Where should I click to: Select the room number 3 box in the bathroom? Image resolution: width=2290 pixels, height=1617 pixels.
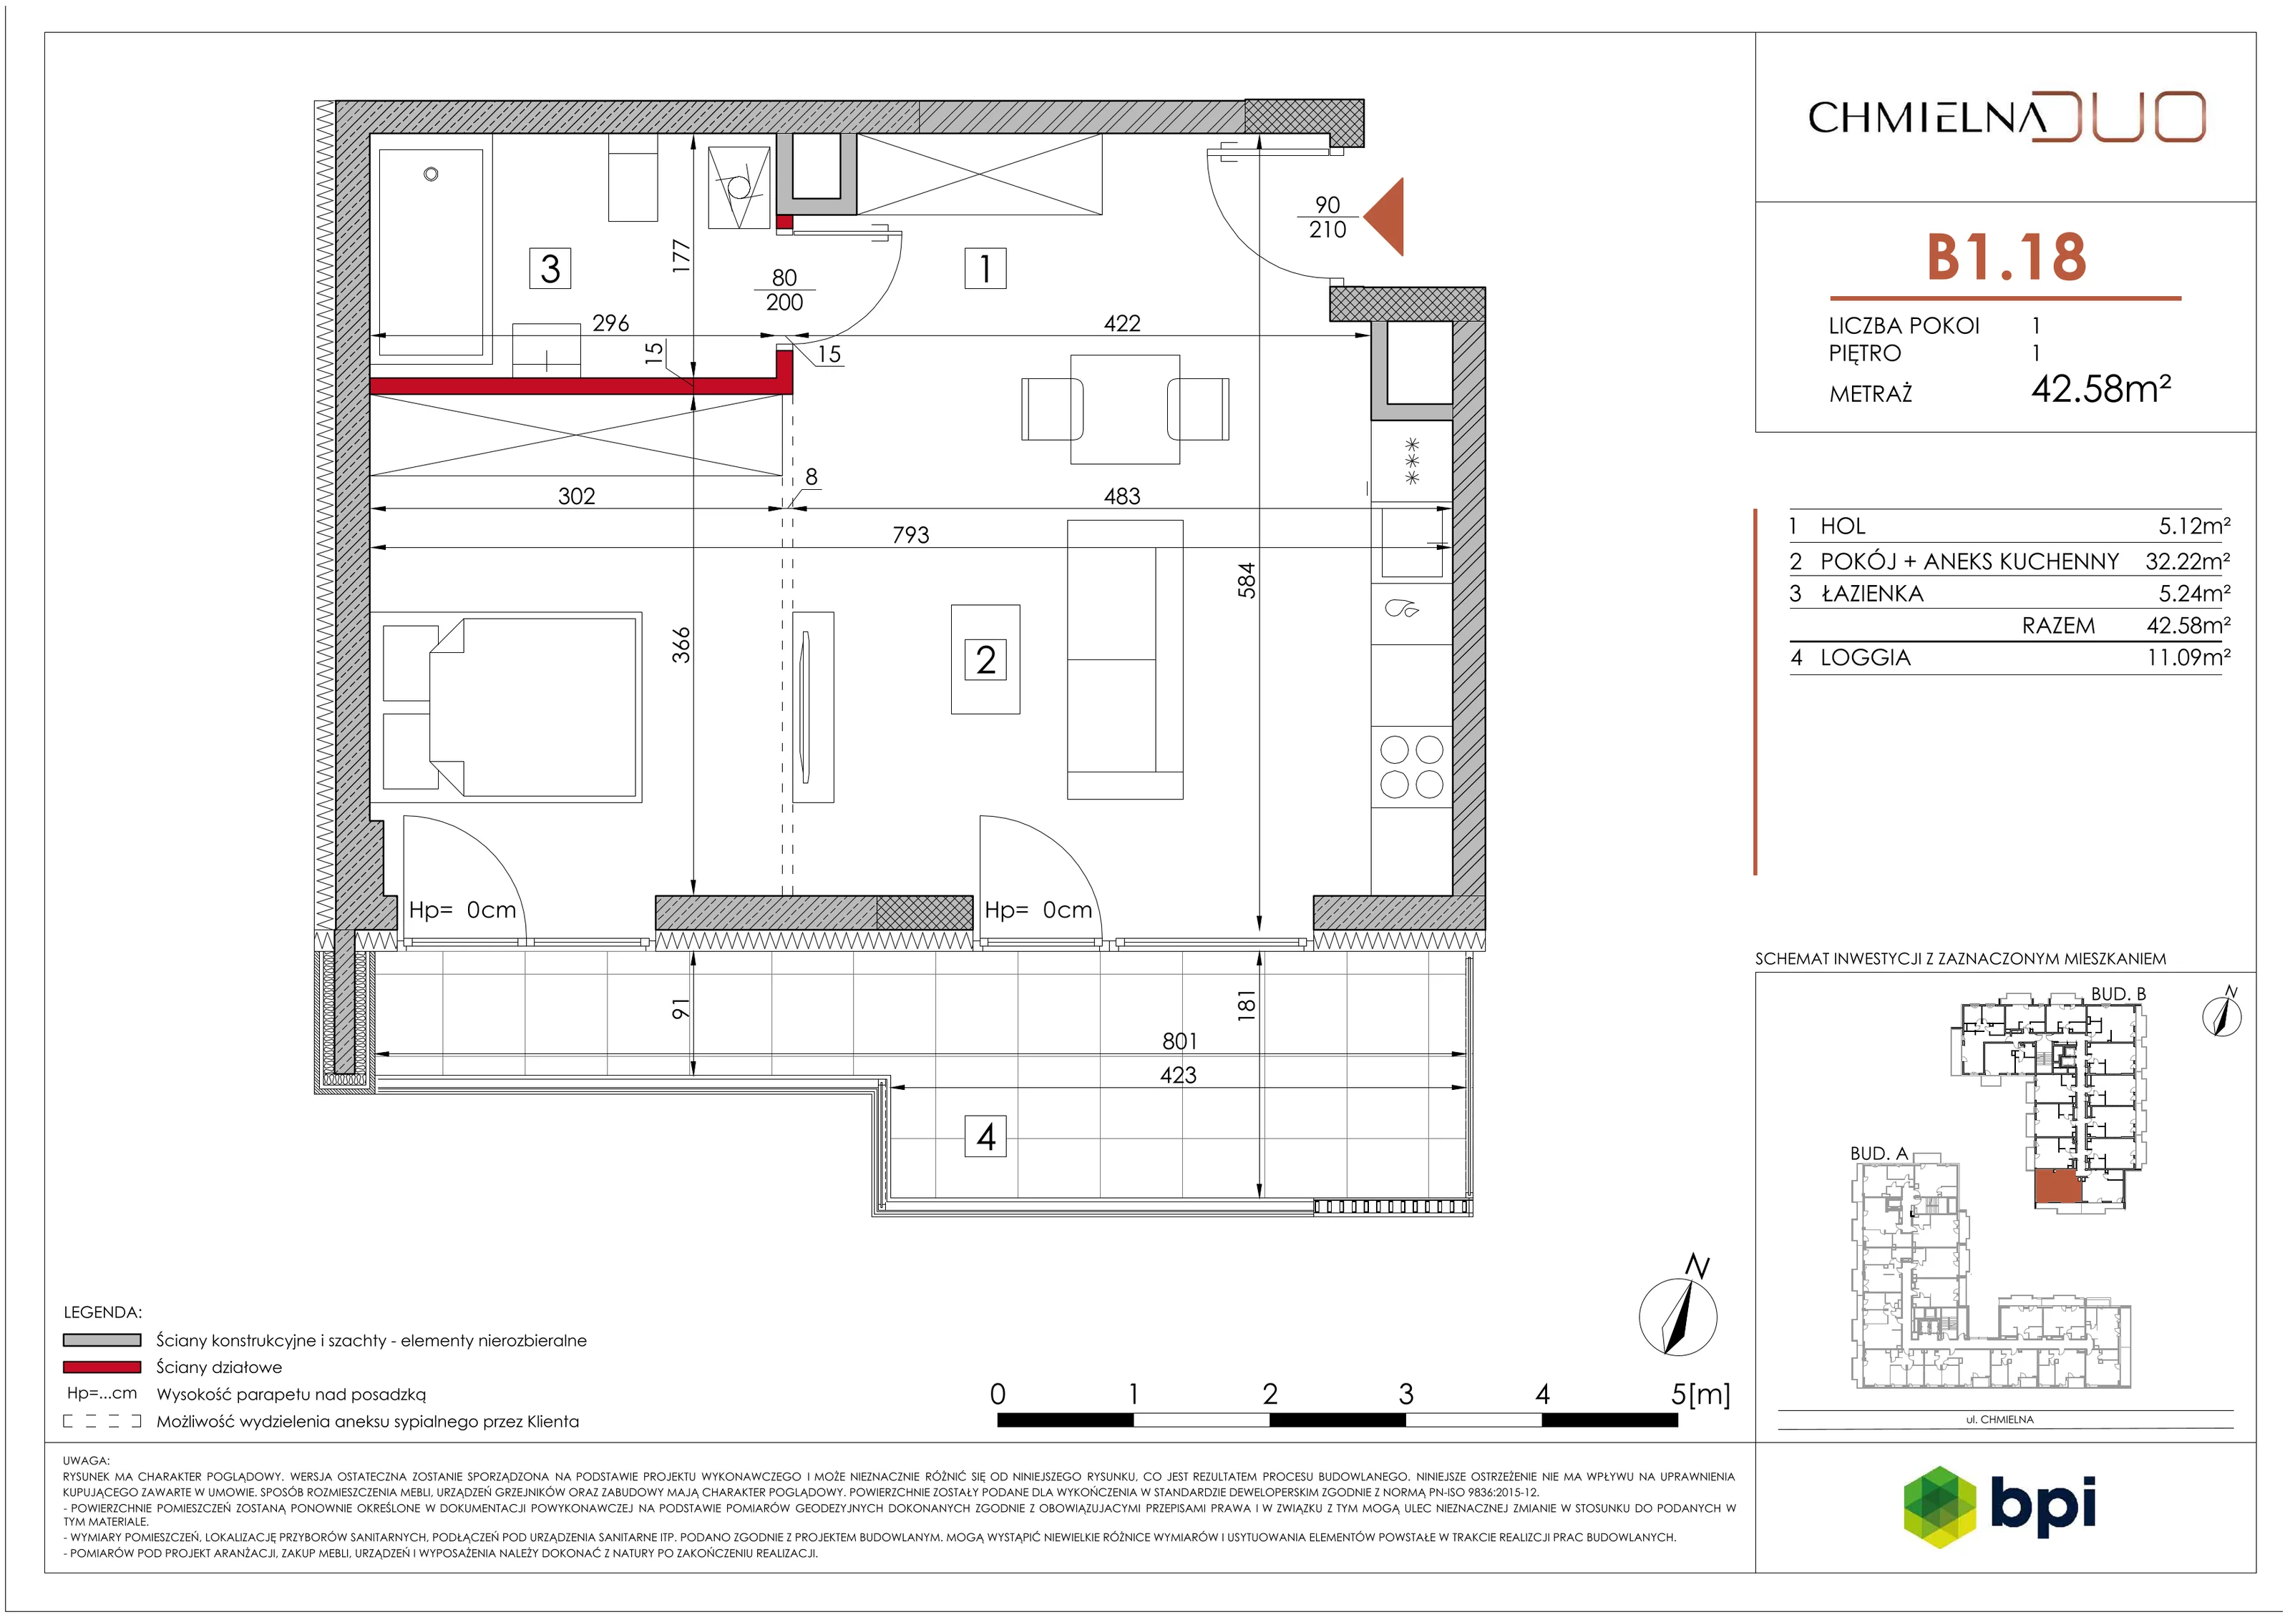[550, 268]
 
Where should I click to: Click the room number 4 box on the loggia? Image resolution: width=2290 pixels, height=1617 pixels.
[985, 1136]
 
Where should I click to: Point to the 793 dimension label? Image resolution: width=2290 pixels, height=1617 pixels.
[910, 536]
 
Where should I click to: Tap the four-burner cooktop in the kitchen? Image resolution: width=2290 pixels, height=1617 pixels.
[1411, 767]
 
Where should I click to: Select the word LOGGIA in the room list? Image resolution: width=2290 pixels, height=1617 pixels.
[1865, 658]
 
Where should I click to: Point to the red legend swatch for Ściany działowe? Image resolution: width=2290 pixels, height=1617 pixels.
[102, 1367]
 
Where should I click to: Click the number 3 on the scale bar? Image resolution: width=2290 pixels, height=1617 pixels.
[1405, 1394]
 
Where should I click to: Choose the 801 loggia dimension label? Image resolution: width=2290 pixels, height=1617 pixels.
[1179, 1041]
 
